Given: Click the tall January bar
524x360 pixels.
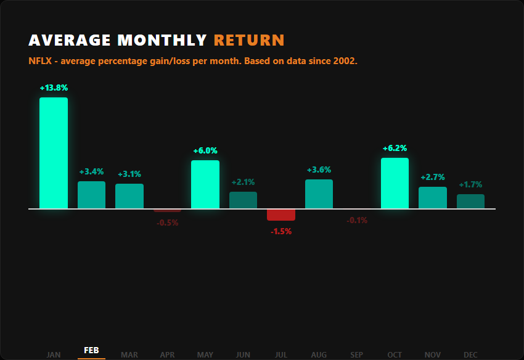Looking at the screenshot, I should point(54,153).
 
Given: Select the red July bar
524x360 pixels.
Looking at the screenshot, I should point(281,215).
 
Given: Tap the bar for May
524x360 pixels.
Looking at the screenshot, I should point(205,184).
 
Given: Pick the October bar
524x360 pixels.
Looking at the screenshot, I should point(395,183).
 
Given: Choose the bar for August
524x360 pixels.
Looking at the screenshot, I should point(319,194).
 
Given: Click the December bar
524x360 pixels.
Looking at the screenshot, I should point(470,202).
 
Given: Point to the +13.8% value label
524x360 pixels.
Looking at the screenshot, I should point(54,88).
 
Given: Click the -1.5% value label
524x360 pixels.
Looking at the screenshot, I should point(281,232).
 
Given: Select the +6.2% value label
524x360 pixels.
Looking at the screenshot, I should point(395,149).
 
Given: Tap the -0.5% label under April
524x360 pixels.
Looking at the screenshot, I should point(167,223).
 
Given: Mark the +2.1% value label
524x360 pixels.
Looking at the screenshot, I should point(243,182).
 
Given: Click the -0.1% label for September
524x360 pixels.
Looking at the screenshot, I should point(357,221).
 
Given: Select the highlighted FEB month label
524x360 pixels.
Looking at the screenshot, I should point(91,350).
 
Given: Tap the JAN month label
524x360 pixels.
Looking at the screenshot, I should point(54,354).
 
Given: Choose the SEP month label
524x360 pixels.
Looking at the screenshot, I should point(357,354).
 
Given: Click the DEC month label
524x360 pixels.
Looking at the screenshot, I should point(470,354).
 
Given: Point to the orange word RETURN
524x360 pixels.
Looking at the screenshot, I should point(249,41).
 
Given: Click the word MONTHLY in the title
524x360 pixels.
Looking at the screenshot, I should point(162,41).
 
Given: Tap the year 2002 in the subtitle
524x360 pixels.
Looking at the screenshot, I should point(345,62).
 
